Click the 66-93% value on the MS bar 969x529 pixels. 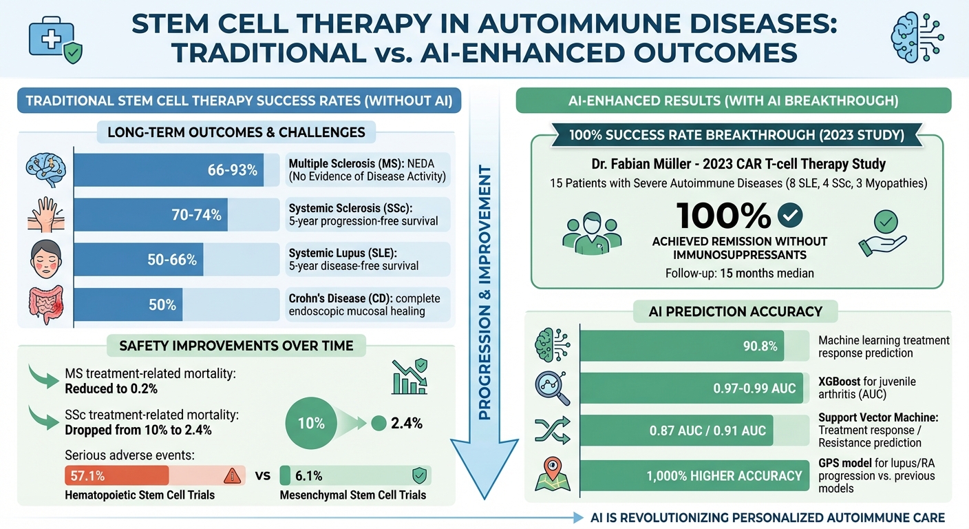pos(232,169)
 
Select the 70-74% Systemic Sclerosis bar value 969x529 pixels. pos(196,215)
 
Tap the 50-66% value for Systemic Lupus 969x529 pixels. pos(173,260)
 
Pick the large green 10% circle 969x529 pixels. pos(311,423)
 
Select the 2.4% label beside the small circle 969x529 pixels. pos(406,424)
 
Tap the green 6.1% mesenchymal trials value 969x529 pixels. pos(308,476)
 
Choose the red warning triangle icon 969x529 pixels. pos(233,476)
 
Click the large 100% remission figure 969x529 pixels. pos(723,216)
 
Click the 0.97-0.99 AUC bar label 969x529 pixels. pos(754,388)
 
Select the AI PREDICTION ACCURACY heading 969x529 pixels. pos(735,311)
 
